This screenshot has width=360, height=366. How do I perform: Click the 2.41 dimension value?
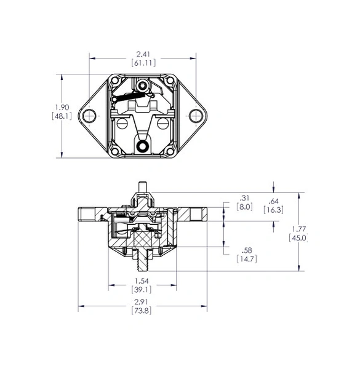(143, 54)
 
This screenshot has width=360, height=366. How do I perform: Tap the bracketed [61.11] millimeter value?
(143, 63)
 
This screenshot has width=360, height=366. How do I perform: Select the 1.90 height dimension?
(62, 108)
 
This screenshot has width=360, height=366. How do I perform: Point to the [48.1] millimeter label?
(62, 116)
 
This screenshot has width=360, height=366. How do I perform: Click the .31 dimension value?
(244, 198)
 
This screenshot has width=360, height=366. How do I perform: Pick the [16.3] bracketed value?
(274, 210)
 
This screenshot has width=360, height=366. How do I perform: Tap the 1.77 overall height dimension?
(299, 229)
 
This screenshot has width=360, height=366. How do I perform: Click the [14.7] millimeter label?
(247, 259)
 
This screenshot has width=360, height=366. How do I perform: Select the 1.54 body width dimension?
(142, 280)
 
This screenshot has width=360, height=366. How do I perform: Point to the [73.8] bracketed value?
(142, 311)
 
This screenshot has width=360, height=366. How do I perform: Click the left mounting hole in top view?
(89, 116)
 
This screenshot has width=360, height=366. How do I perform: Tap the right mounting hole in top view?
(196, 116)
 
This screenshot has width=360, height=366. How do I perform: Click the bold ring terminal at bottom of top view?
(142, 146)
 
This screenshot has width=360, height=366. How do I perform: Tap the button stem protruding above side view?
(142, 187)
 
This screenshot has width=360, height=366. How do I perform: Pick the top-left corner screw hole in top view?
(115, 81)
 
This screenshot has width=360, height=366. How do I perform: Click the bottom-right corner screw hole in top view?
(170, 151)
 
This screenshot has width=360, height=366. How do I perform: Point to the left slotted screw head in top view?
(122, 124)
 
